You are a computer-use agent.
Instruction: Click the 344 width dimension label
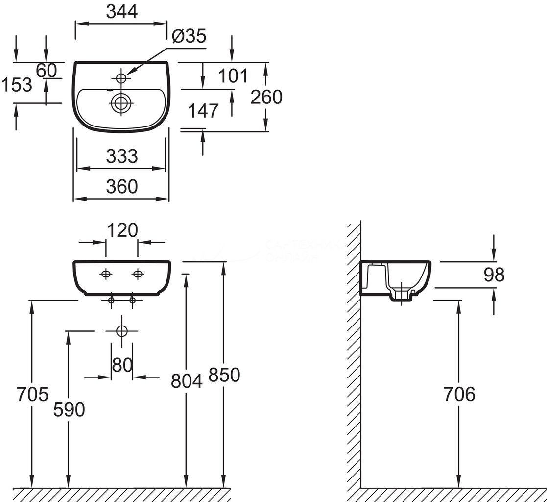[x=122, y=13]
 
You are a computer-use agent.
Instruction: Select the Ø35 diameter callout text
[x=190, y=36]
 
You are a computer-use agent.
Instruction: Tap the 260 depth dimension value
[x=266, y=98]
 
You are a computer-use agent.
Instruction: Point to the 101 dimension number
[x=232, y=76]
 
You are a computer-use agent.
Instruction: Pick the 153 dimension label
[x=16, y=85]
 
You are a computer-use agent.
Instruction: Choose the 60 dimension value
[x=47, y=71]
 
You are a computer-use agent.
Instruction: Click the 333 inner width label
[x=122, y=156]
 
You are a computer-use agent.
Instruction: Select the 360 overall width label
[x=122, y=186]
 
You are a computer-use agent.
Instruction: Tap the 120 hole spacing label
[x=122, y=229]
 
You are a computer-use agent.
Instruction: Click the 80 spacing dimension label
[x=122, y=365]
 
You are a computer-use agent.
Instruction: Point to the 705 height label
[x=32, y=394]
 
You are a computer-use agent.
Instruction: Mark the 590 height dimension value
[x=69, y=410]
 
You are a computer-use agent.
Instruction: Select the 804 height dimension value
[x=187, y=381]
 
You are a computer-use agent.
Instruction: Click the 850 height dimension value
[x=224, y=376]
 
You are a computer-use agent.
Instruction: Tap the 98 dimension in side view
[x=494, y=275]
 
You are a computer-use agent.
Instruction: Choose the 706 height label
[x=459, y=394]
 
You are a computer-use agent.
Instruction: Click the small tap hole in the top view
[x=121, y=77]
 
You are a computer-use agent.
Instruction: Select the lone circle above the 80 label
[x=121, y=331]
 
